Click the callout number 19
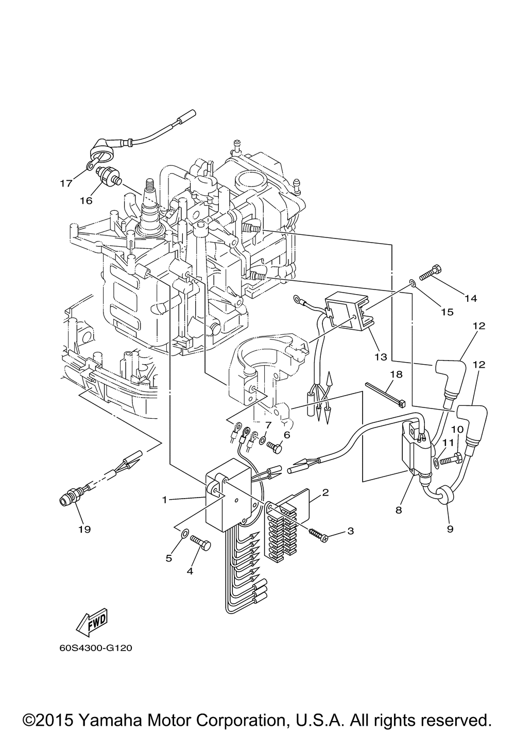tap(85, 529)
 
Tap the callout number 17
tap(66, 183)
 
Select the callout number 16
tap(87, 200)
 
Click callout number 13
tap(381, 356)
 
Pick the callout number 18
tap(396, 374)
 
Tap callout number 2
tap(325, 492)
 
